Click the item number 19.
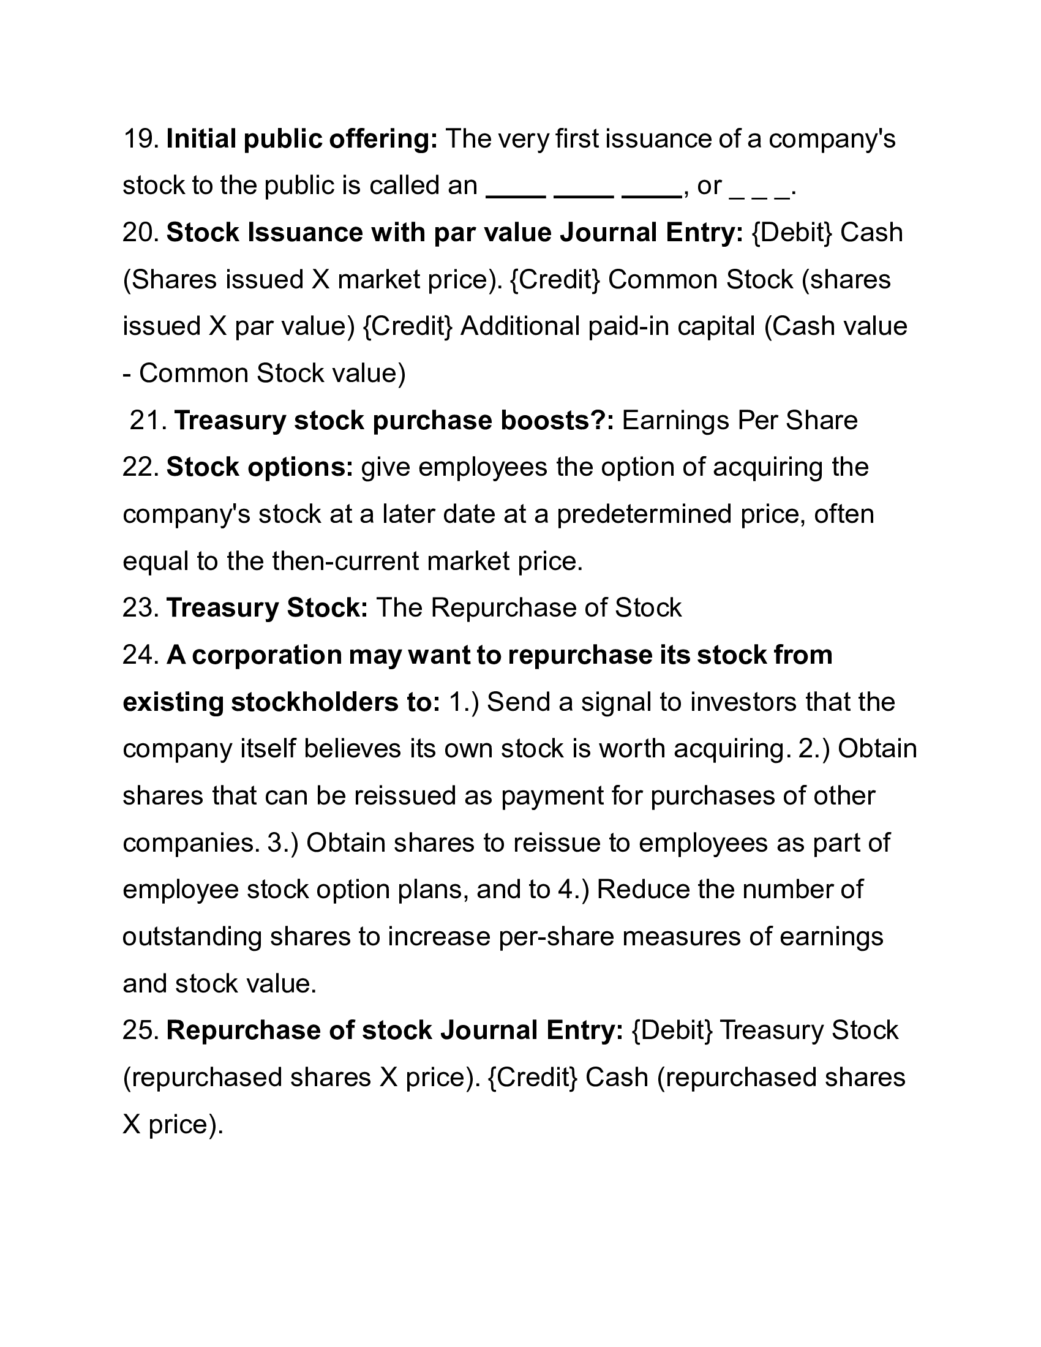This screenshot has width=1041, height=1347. click(141, 140)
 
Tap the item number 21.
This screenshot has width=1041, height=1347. click(148, 421)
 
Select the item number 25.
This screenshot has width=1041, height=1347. click(141, 1030)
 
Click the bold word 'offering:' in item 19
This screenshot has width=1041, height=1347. click(383, 140)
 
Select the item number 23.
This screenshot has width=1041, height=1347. click(141, 608)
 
